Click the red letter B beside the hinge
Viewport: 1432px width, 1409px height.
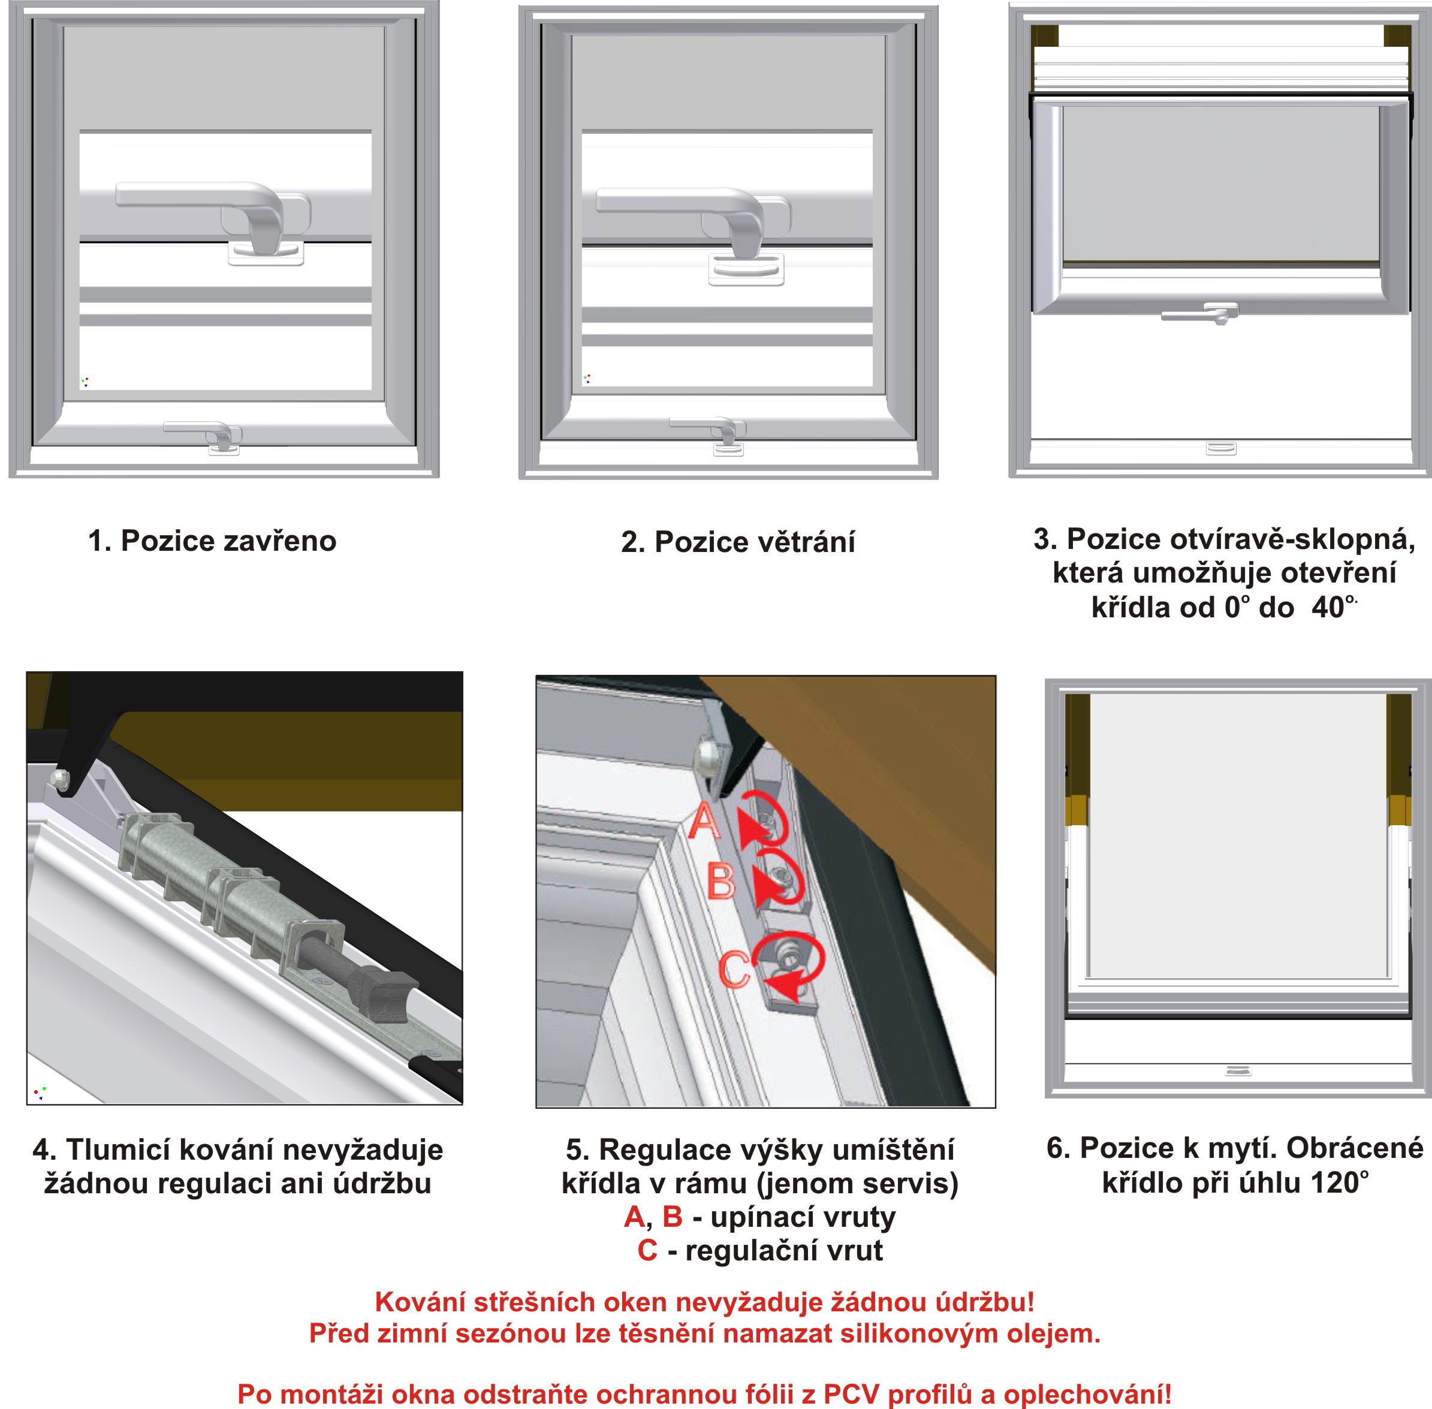pyautogui.click(x=721, y=880)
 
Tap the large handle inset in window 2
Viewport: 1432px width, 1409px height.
pyautogui.click(x=694, y=230)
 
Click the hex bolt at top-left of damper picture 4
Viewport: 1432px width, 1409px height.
pyautogui.click(x=60, y=779)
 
